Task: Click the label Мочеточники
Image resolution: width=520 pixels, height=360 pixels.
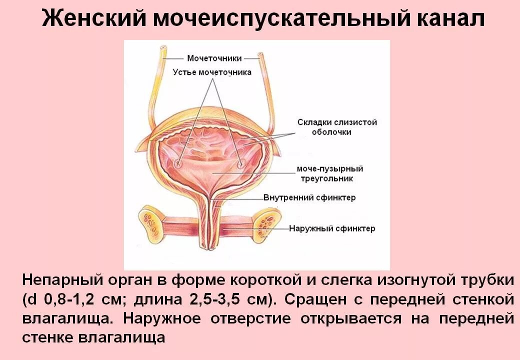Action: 214,58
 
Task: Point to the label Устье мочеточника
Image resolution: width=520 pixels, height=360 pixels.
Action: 212,72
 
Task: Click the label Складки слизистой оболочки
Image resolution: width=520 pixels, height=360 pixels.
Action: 337,127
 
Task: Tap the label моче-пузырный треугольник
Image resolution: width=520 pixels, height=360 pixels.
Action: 325,173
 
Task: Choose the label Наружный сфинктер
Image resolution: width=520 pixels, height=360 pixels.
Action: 332,229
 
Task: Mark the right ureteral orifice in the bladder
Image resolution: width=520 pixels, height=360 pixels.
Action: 241,163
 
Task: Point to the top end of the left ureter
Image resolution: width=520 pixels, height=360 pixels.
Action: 162,50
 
